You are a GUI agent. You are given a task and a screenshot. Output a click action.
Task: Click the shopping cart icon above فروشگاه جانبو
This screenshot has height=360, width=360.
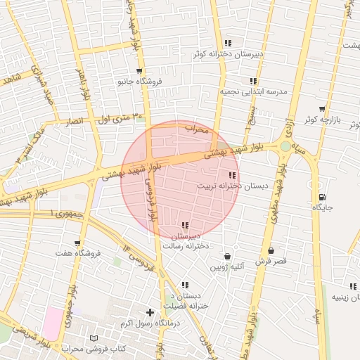pos(139,71)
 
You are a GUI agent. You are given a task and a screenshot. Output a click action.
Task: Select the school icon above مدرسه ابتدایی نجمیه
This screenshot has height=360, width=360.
pos(253,82)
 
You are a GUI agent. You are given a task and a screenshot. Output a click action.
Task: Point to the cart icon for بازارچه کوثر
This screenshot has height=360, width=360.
pos(322,110)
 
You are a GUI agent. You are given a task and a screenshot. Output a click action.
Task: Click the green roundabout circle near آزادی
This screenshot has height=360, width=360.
pos(285,146)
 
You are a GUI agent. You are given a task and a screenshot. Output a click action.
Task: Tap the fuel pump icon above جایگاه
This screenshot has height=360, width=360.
pos(322,198)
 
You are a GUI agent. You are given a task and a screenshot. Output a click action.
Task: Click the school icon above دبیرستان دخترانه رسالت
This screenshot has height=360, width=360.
pos(185,225)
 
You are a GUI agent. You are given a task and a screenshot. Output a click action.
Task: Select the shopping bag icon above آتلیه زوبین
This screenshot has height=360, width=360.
pos(227,257)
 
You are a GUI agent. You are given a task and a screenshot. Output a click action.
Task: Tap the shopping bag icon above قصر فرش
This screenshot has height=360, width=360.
pos(271,250)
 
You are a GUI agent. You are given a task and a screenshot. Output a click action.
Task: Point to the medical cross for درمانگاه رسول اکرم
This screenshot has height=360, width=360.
pos(150,311)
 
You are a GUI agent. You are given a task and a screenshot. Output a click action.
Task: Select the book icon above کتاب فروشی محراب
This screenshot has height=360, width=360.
pos(95,338)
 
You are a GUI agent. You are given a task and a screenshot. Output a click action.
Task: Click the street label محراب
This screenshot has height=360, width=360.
pos(198,129)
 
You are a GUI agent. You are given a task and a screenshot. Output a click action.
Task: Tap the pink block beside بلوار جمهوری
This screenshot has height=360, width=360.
pos(51,324)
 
